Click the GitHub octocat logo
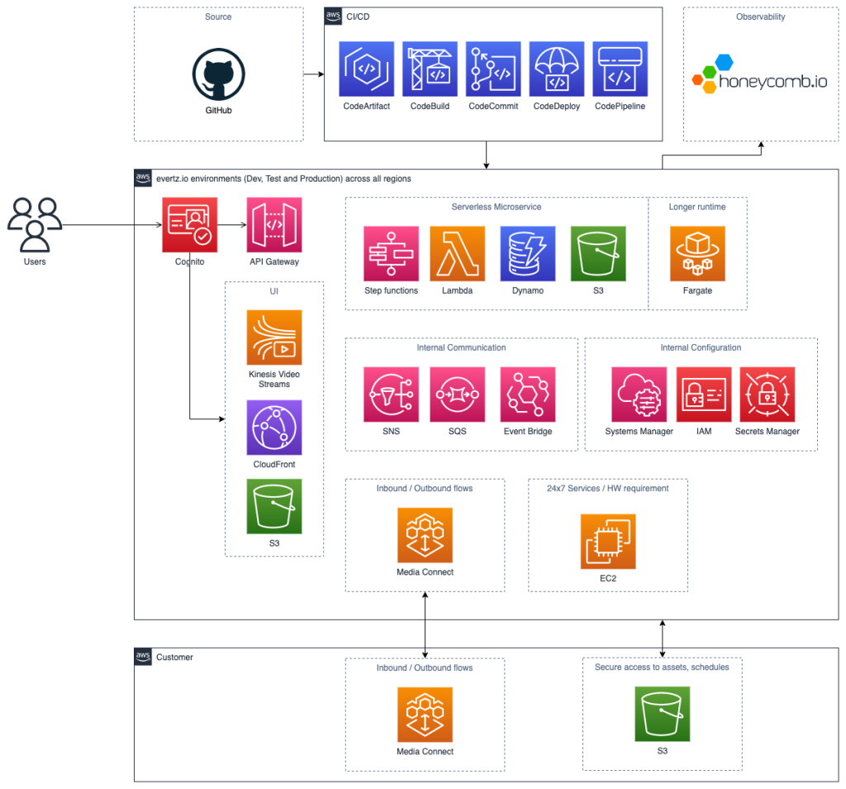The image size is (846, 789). [219, 75]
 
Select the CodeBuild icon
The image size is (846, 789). [430, 69]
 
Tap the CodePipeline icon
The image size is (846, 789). [620, 69]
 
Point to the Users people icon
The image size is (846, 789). [35, 224]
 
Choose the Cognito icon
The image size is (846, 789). [190, 224]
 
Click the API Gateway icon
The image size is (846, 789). [274, 224]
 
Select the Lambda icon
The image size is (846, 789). [457, 253]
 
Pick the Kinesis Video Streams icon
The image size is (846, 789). [274, 338]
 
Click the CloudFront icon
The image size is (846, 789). [274, 428]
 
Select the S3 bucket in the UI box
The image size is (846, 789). [274, 506]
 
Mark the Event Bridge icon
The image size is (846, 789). [528, 394]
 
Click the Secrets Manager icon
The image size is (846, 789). [767, 394]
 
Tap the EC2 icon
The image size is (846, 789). [608, 541]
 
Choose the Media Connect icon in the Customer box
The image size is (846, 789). [425, 715]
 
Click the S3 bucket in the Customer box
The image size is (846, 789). [662, 715]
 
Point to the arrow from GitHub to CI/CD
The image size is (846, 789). [313, 75]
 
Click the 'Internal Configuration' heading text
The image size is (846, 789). [701, 347]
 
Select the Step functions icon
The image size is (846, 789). [391, 253]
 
